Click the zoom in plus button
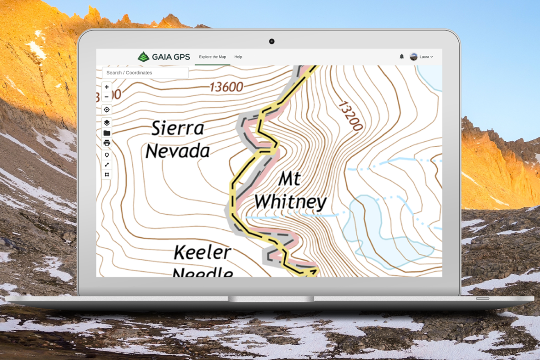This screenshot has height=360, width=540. point(107,87)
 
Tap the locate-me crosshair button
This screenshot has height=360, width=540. point(107,110)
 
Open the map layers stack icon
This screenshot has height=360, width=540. point(107,123)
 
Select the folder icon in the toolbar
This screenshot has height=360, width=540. point(107,133)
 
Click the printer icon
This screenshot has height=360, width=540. point(107,143)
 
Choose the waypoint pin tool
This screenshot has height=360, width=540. point(107,155)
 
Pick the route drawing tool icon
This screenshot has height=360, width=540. point(107,165)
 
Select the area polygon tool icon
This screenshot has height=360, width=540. point(107,174)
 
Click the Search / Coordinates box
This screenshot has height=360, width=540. point(145,73)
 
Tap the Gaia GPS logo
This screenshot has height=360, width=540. point(164,57)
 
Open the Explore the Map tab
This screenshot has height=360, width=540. point(212,57)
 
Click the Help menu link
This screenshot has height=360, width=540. point(238,57)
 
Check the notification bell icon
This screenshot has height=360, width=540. point(402,56)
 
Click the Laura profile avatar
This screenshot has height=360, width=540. point(414,57)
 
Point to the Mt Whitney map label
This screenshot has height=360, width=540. point(290,191)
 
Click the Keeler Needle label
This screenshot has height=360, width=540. point(202,261)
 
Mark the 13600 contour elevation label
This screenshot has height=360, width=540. point(226,87)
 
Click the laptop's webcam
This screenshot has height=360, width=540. point(272,42)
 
